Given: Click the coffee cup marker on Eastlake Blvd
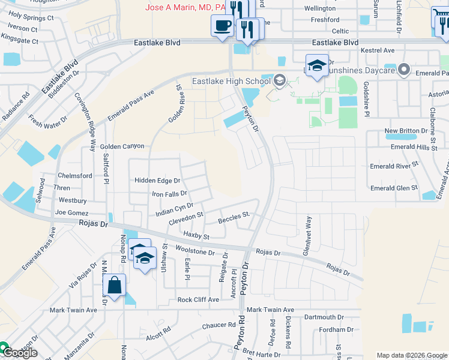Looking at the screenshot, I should click(222, 26).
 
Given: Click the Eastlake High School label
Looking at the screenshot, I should click(231, 82).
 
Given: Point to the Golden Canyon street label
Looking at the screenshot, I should click(122, 146).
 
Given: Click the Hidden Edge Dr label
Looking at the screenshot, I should click(157, 181).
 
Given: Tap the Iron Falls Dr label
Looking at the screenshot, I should click(169, 194).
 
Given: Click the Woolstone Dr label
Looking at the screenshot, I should click(195, 251).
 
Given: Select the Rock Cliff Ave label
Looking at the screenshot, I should click(198, 299).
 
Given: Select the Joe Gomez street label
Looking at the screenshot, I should click(71, 213).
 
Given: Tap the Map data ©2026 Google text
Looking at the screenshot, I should click(411, 355).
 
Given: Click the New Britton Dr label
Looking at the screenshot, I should click(405, 131).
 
